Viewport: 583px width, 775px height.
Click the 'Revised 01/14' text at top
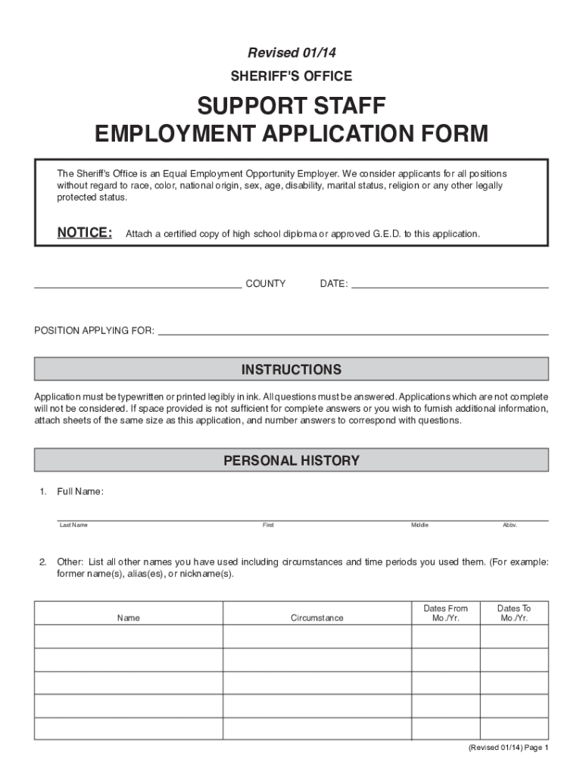point(291,52)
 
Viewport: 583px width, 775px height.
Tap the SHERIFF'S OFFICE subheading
point(291,76)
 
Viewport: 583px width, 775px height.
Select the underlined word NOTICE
point(85,232)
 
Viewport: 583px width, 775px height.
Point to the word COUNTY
point(265,284)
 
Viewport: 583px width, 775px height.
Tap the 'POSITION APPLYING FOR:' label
point(95,331)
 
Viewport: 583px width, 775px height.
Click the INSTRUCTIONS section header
point(291,369)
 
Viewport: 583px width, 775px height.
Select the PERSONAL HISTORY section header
point(291,460)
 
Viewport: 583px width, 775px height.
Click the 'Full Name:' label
point(80,492)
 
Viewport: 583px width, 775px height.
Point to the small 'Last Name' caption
point(74,525)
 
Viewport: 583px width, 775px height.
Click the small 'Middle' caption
point(419,525)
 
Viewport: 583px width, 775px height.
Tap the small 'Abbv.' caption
point(510,525)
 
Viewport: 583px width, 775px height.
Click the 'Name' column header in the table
point(129,618)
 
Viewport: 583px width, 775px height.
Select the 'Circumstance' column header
point(316,618)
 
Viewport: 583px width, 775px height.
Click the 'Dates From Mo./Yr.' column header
point(445,613)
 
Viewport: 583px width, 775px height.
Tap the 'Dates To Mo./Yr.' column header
point(514,613)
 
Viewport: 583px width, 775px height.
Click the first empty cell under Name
point(129,636)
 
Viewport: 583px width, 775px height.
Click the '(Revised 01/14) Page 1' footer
point(507,748)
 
